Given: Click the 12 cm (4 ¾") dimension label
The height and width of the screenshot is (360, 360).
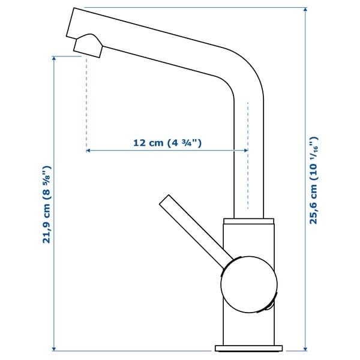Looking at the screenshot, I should tap(166, 143).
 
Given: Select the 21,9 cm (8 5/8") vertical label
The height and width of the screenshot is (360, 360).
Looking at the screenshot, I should tap(47, 204).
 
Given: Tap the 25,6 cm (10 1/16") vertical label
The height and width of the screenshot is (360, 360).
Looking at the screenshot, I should tap(313, 180).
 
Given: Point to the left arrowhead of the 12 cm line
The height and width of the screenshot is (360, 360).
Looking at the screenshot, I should tap(89, 151).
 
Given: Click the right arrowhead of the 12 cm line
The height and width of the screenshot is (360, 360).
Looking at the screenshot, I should tap(245, 151).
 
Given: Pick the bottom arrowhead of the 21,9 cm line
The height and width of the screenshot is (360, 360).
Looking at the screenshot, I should tap(55, 349).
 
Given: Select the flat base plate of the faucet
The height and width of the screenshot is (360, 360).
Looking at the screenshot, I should tap(248, 348).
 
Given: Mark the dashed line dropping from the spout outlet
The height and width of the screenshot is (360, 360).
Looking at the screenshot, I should tap(87, 102).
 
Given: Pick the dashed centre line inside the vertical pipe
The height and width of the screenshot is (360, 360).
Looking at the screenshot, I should tap(247, 156).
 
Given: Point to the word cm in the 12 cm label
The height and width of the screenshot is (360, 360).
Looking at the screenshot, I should tap(157, 143).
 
